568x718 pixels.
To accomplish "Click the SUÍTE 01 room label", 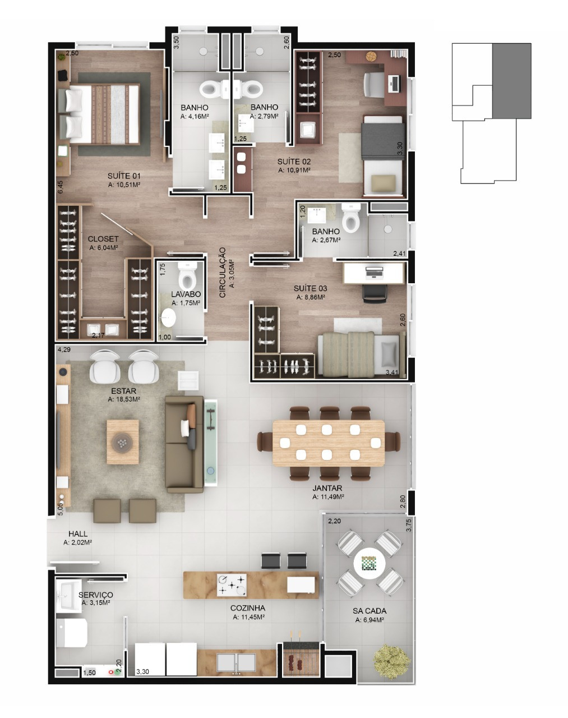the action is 124,176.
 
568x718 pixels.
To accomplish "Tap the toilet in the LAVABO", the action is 187,275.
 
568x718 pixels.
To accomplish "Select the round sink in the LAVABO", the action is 168,317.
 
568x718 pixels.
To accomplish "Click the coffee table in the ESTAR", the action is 123,442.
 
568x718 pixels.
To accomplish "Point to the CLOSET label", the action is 103,239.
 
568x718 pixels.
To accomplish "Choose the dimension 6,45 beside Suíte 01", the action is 60,187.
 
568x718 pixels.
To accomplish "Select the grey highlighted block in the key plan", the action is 511,81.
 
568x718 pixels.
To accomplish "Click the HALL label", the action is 78,533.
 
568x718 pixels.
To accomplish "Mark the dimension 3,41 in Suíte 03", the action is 392,372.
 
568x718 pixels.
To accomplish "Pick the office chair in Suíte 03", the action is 375,293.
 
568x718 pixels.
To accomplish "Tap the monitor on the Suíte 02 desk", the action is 395,83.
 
